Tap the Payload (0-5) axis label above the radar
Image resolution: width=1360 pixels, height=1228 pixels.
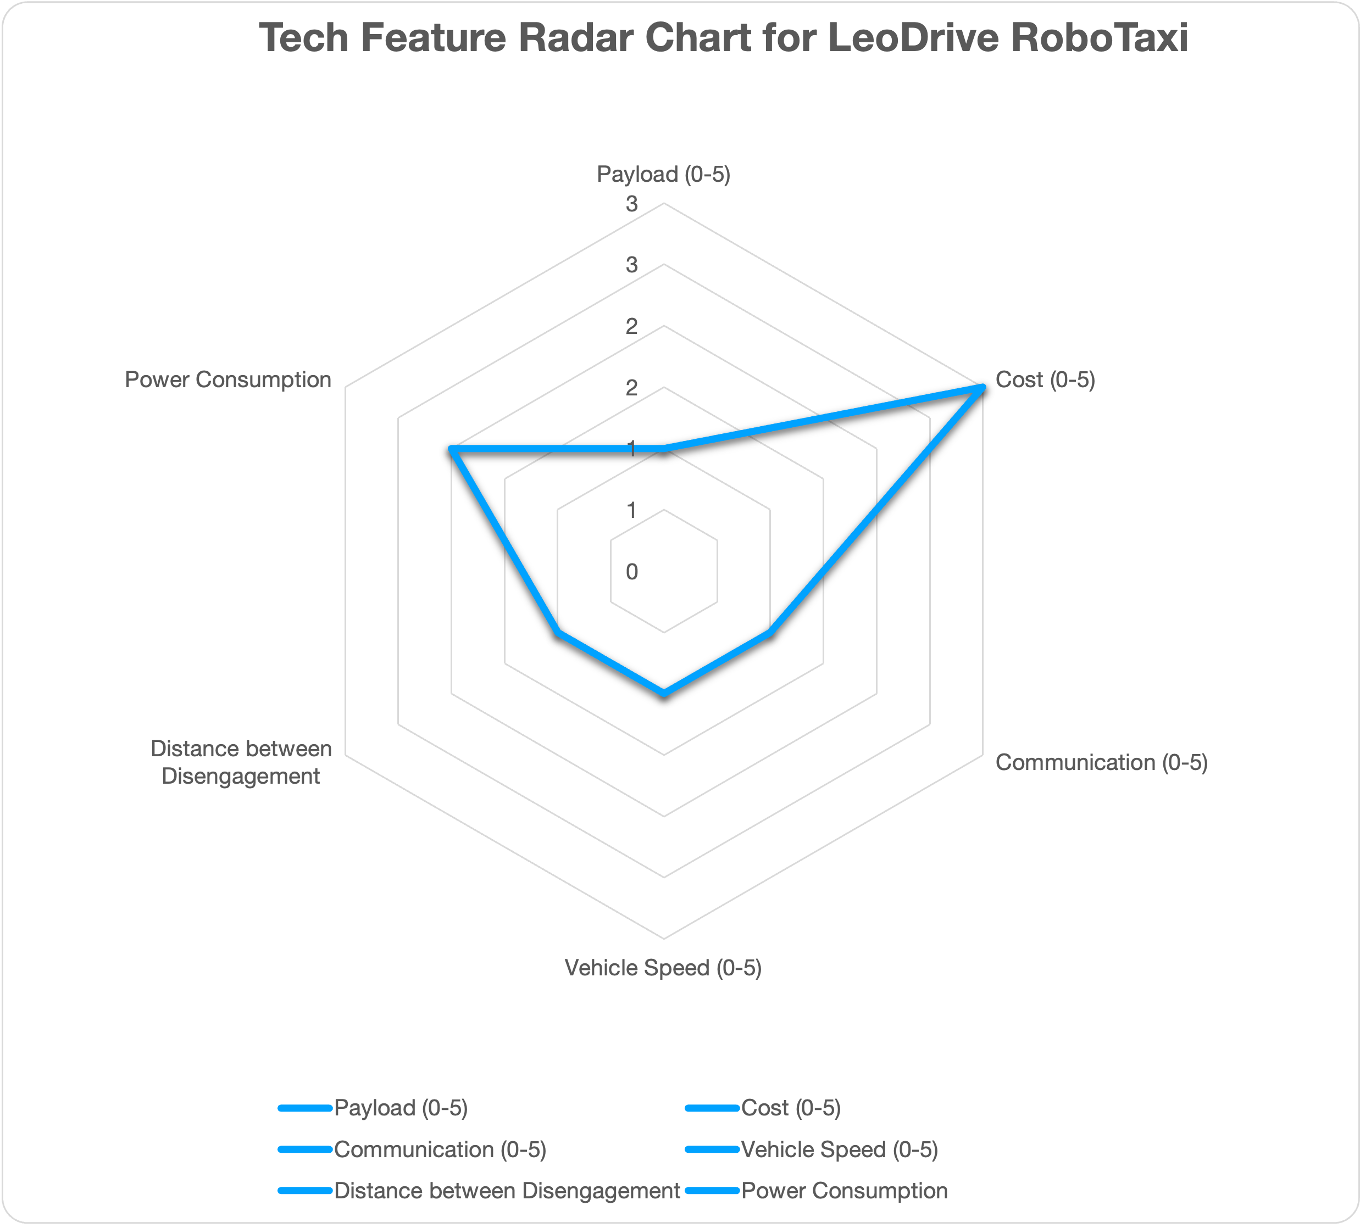(x=664, y=174)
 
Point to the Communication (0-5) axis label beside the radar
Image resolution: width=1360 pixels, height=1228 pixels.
(x=1101, y=762)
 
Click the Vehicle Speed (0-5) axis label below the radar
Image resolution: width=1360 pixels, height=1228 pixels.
(x=663, y=968)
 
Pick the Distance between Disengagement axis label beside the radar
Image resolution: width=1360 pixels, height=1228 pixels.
(x=241, y=762)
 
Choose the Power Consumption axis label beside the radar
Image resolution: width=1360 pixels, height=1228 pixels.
(x=228, y=379)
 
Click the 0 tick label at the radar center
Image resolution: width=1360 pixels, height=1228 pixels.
(x=631, y=572)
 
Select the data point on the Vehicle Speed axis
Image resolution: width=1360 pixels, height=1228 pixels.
(x=664, y=693)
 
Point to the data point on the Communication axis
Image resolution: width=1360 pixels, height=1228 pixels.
(x=770, y=633)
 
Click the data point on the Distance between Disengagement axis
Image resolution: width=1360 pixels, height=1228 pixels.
(x=558, y=633)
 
